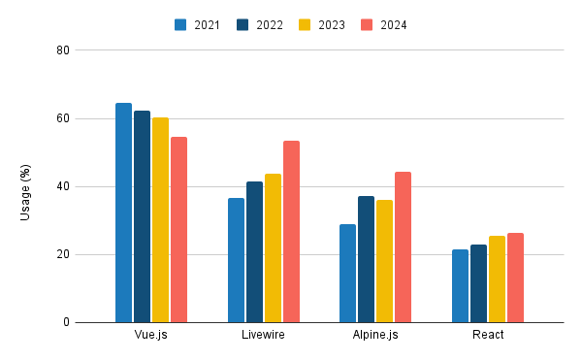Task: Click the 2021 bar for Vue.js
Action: click(x=123, y=213)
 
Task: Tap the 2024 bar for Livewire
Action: click(x=291, y=232)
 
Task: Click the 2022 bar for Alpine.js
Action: click(x=366, y=259)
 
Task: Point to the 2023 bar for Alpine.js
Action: click(x=384, y=261)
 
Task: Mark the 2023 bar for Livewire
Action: click(x=273, y=248)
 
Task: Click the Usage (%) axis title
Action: click(x=26, y=186)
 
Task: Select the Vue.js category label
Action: click(x=151, y=335)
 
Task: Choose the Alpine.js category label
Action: click(x=374, y=335)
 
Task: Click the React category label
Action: click(x=487, y=335)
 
